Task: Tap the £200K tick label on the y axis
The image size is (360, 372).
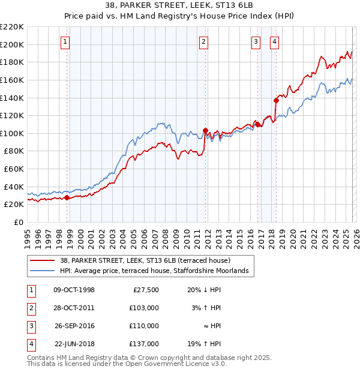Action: (x=12, y=44)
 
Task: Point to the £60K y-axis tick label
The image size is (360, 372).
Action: (x=14, y=169)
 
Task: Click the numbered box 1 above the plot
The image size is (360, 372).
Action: (x=65, y=41)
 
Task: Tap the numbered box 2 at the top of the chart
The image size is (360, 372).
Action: (x=204, y=41)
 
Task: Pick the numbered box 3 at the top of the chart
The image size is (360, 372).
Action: (x=256, y=41)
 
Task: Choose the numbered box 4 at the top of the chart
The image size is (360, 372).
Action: (x=274, y=41)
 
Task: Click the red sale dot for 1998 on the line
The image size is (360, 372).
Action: (x=67, y=197)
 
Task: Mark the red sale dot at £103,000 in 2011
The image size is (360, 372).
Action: (x=205, y=130)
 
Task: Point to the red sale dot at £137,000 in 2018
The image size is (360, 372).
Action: (x=276, y=100)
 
